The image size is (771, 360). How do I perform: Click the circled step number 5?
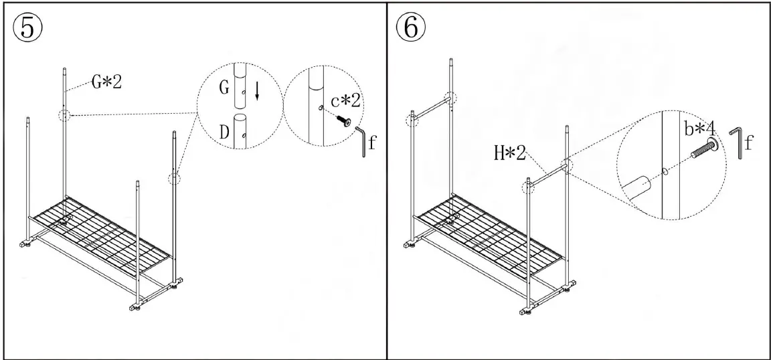tap(27, 27)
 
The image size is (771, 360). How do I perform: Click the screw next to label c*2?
tap(343, 120)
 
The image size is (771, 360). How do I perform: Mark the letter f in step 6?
tap(750, 142)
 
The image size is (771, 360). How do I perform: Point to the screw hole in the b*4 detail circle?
tap(665, 171)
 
